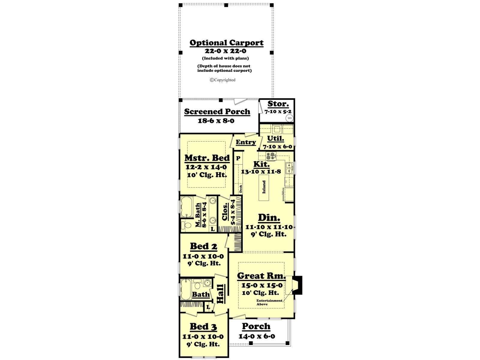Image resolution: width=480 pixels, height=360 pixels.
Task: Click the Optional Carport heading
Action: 226,43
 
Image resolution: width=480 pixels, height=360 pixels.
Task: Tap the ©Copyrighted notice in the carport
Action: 223,80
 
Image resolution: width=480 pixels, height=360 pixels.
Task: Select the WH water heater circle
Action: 289,118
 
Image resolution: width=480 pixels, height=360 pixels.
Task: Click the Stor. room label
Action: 278,103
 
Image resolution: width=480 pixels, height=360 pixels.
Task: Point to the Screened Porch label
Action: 217,112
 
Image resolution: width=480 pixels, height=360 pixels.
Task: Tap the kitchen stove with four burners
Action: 271,156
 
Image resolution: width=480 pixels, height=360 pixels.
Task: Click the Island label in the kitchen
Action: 264,187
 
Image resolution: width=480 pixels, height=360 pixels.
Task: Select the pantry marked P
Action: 238,158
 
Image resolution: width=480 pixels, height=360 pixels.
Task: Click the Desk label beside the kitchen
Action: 241,189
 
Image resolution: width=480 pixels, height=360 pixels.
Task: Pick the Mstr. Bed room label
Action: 207,158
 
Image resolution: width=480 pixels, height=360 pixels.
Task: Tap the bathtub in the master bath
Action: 187,207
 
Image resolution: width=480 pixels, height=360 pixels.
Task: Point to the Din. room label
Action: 269,217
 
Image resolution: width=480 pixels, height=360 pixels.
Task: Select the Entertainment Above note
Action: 269,302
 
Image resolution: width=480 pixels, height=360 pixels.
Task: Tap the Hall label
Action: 220,294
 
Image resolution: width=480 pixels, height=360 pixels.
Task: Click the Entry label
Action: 246,142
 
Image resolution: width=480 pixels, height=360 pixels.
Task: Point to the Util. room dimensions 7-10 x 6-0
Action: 277,146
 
